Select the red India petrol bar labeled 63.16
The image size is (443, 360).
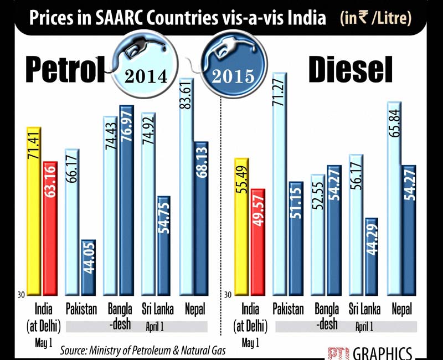coord(50,227)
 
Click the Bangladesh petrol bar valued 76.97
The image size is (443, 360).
coord(127,199)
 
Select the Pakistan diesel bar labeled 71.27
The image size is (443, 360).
coord(280,183)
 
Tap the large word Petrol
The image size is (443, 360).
coord(58,70)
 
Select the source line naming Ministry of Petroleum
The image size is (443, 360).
coord(151,351)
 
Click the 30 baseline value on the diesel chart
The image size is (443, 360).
coord(227,294)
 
